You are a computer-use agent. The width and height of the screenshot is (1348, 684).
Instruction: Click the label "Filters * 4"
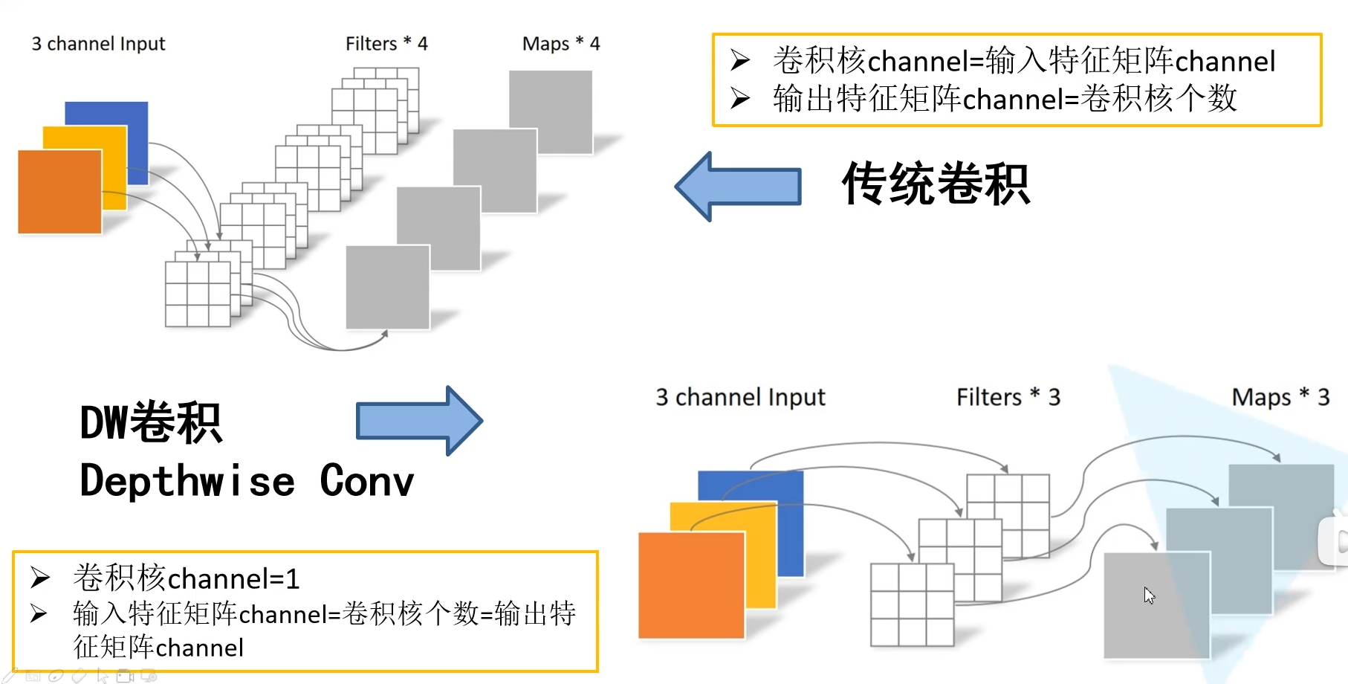pos(386,44)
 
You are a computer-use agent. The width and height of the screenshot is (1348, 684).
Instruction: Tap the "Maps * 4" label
pos(561,44)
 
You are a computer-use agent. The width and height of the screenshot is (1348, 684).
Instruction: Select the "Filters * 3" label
pos(1008,397)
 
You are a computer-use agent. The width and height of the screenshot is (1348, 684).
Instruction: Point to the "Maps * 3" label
pos(1280,397)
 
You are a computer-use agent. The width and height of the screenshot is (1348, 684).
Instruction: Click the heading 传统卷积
pos(936,184)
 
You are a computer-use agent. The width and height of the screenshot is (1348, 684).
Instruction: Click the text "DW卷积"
pos(151,423)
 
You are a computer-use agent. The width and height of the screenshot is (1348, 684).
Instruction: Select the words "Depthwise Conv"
pos(247,481)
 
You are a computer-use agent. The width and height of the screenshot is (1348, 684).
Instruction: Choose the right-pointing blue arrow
pos(419,421)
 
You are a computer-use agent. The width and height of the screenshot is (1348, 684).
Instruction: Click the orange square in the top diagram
pos(59,192)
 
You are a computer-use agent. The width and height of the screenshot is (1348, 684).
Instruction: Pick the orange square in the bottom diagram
pos(691,585)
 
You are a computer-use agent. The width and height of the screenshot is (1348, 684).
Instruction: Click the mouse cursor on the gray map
pos(1149,595)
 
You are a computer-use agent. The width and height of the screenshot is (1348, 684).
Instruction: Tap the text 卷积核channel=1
pos(187,578)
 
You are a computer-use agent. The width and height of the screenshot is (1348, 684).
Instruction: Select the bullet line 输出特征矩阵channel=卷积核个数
pos(1005,99)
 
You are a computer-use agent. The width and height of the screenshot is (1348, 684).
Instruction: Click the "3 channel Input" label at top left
pos(98,44)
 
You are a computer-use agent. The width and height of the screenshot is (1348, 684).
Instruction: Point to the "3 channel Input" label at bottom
pos(740,397)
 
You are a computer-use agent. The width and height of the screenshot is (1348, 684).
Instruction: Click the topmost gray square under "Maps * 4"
pos(551,112)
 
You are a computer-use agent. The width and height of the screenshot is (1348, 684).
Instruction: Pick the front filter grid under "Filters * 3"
pos(912,604)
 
